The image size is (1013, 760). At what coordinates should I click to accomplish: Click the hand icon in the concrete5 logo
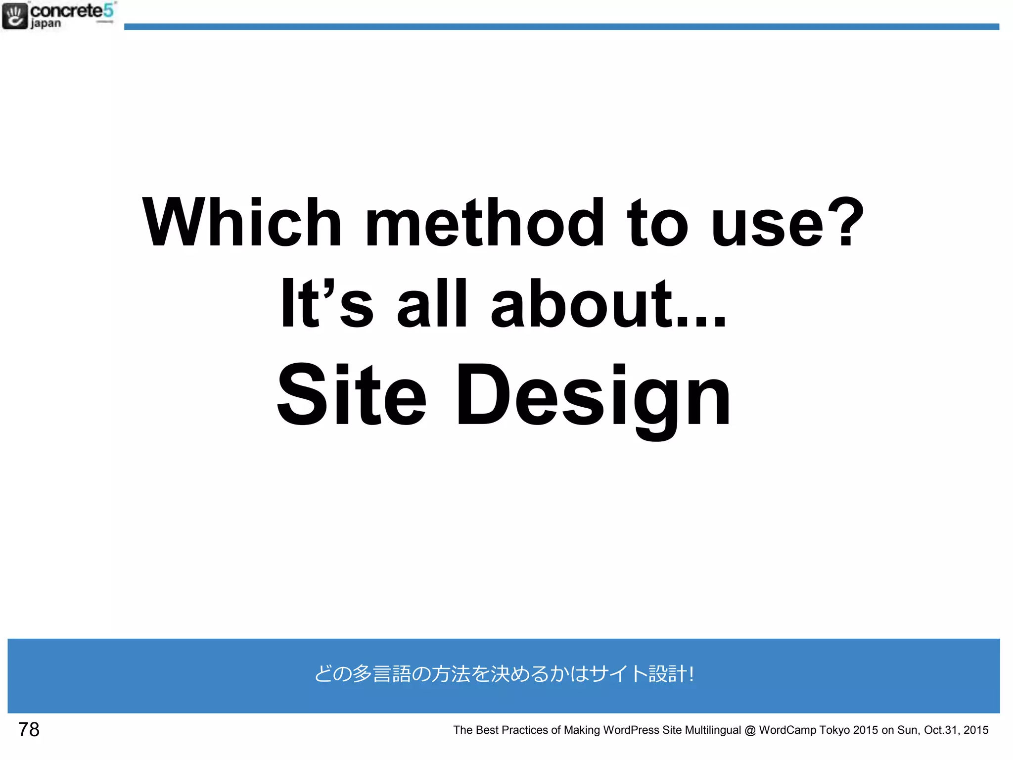click(x=15, y=16)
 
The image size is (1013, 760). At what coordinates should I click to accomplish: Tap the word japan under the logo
click(x=46, y=24)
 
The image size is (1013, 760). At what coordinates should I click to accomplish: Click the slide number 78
click(x=29, y=729)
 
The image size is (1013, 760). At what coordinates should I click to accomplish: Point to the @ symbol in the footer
click(x=750, y=730)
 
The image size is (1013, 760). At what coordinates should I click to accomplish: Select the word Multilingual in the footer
click(x=713, y=730)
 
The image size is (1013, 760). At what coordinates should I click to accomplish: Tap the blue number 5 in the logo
click(x=108, y=10)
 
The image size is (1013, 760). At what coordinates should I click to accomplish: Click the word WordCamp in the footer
click(x=787, y=730)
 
